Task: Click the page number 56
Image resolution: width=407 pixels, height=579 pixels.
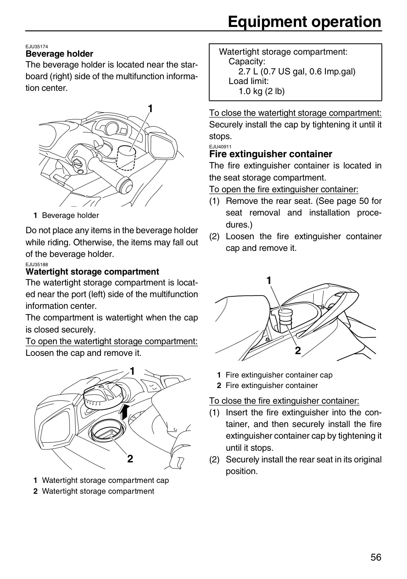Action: coord(376,557)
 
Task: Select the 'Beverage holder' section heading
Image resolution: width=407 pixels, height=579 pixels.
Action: coord(59,54)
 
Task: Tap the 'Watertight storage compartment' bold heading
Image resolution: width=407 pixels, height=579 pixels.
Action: coord(92,272)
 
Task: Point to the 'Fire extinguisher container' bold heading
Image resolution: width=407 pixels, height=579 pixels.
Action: coord(271,154)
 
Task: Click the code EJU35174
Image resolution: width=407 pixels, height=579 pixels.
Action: coord(37,47)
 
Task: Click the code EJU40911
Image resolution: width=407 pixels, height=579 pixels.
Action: coord(220,146)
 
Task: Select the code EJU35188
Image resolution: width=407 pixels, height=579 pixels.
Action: coord(37,265)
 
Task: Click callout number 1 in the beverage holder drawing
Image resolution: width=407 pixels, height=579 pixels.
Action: coord(150,109)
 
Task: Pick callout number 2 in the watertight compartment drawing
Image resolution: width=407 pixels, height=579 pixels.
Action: coord(130,459)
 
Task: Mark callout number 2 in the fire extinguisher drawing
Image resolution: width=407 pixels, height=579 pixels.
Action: coord(298,351)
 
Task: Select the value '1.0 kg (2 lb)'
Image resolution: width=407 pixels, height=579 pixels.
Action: coord(261,91)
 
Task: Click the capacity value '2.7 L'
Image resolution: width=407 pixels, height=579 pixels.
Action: coord(248,72)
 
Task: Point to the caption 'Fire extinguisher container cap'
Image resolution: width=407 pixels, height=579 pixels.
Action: coord(279,375)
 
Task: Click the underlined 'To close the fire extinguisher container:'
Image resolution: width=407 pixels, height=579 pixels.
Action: coord(284,401)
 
